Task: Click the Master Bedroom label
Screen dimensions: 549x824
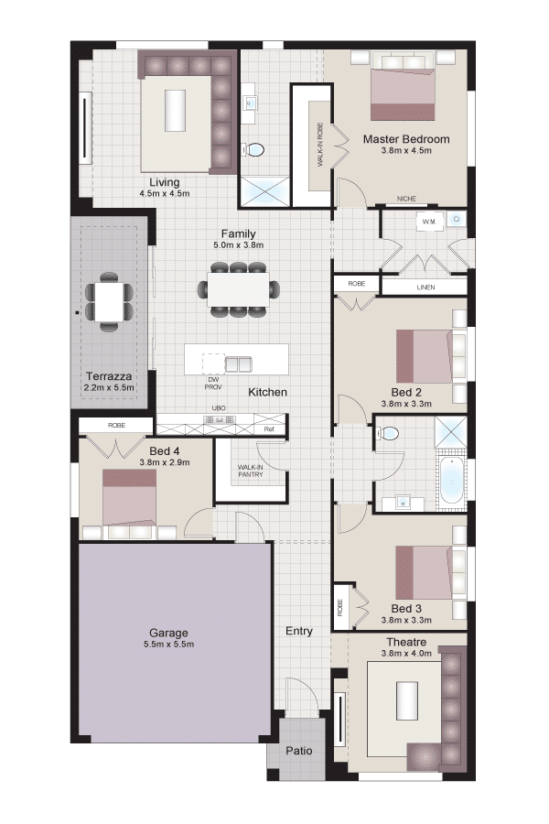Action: (x=406, y=139)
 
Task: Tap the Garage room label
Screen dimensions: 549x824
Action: (x=168, y=633)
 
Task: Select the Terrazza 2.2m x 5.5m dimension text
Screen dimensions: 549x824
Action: (x=109, y=388)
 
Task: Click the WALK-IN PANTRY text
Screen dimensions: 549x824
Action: (x=251, y=471)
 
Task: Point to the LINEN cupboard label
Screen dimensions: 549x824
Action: (x=425, y=287)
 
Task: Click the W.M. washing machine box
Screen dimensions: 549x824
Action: (x=430, y=222)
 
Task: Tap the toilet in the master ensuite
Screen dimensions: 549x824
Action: (x=253, y=150)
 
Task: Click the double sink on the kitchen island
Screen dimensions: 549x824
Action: (x=239, y=364)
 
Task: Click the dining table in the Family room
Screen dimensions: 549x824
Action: (x=239, y=289)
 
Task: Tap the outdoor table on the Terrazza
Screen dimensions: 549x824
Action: (x=109, y=301)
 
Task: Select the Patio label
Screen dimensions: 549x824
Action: (x=299, y=751)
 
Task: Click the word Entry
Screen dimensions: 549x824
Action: (x=299, y=631)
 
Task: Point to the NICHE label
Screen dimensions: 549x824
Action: (x=406, y=199)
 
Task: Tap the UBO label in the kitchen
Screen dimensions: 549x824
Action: (x=219, y=408)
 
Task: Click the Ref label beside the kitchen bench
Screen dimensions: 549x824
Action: (x=269, y=429)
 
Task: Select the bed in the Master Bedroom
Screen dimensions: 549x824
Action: (x=403, y=86)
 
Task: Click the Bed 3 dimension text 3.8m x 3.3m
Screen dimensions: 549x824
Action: (x=406, y=620)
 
